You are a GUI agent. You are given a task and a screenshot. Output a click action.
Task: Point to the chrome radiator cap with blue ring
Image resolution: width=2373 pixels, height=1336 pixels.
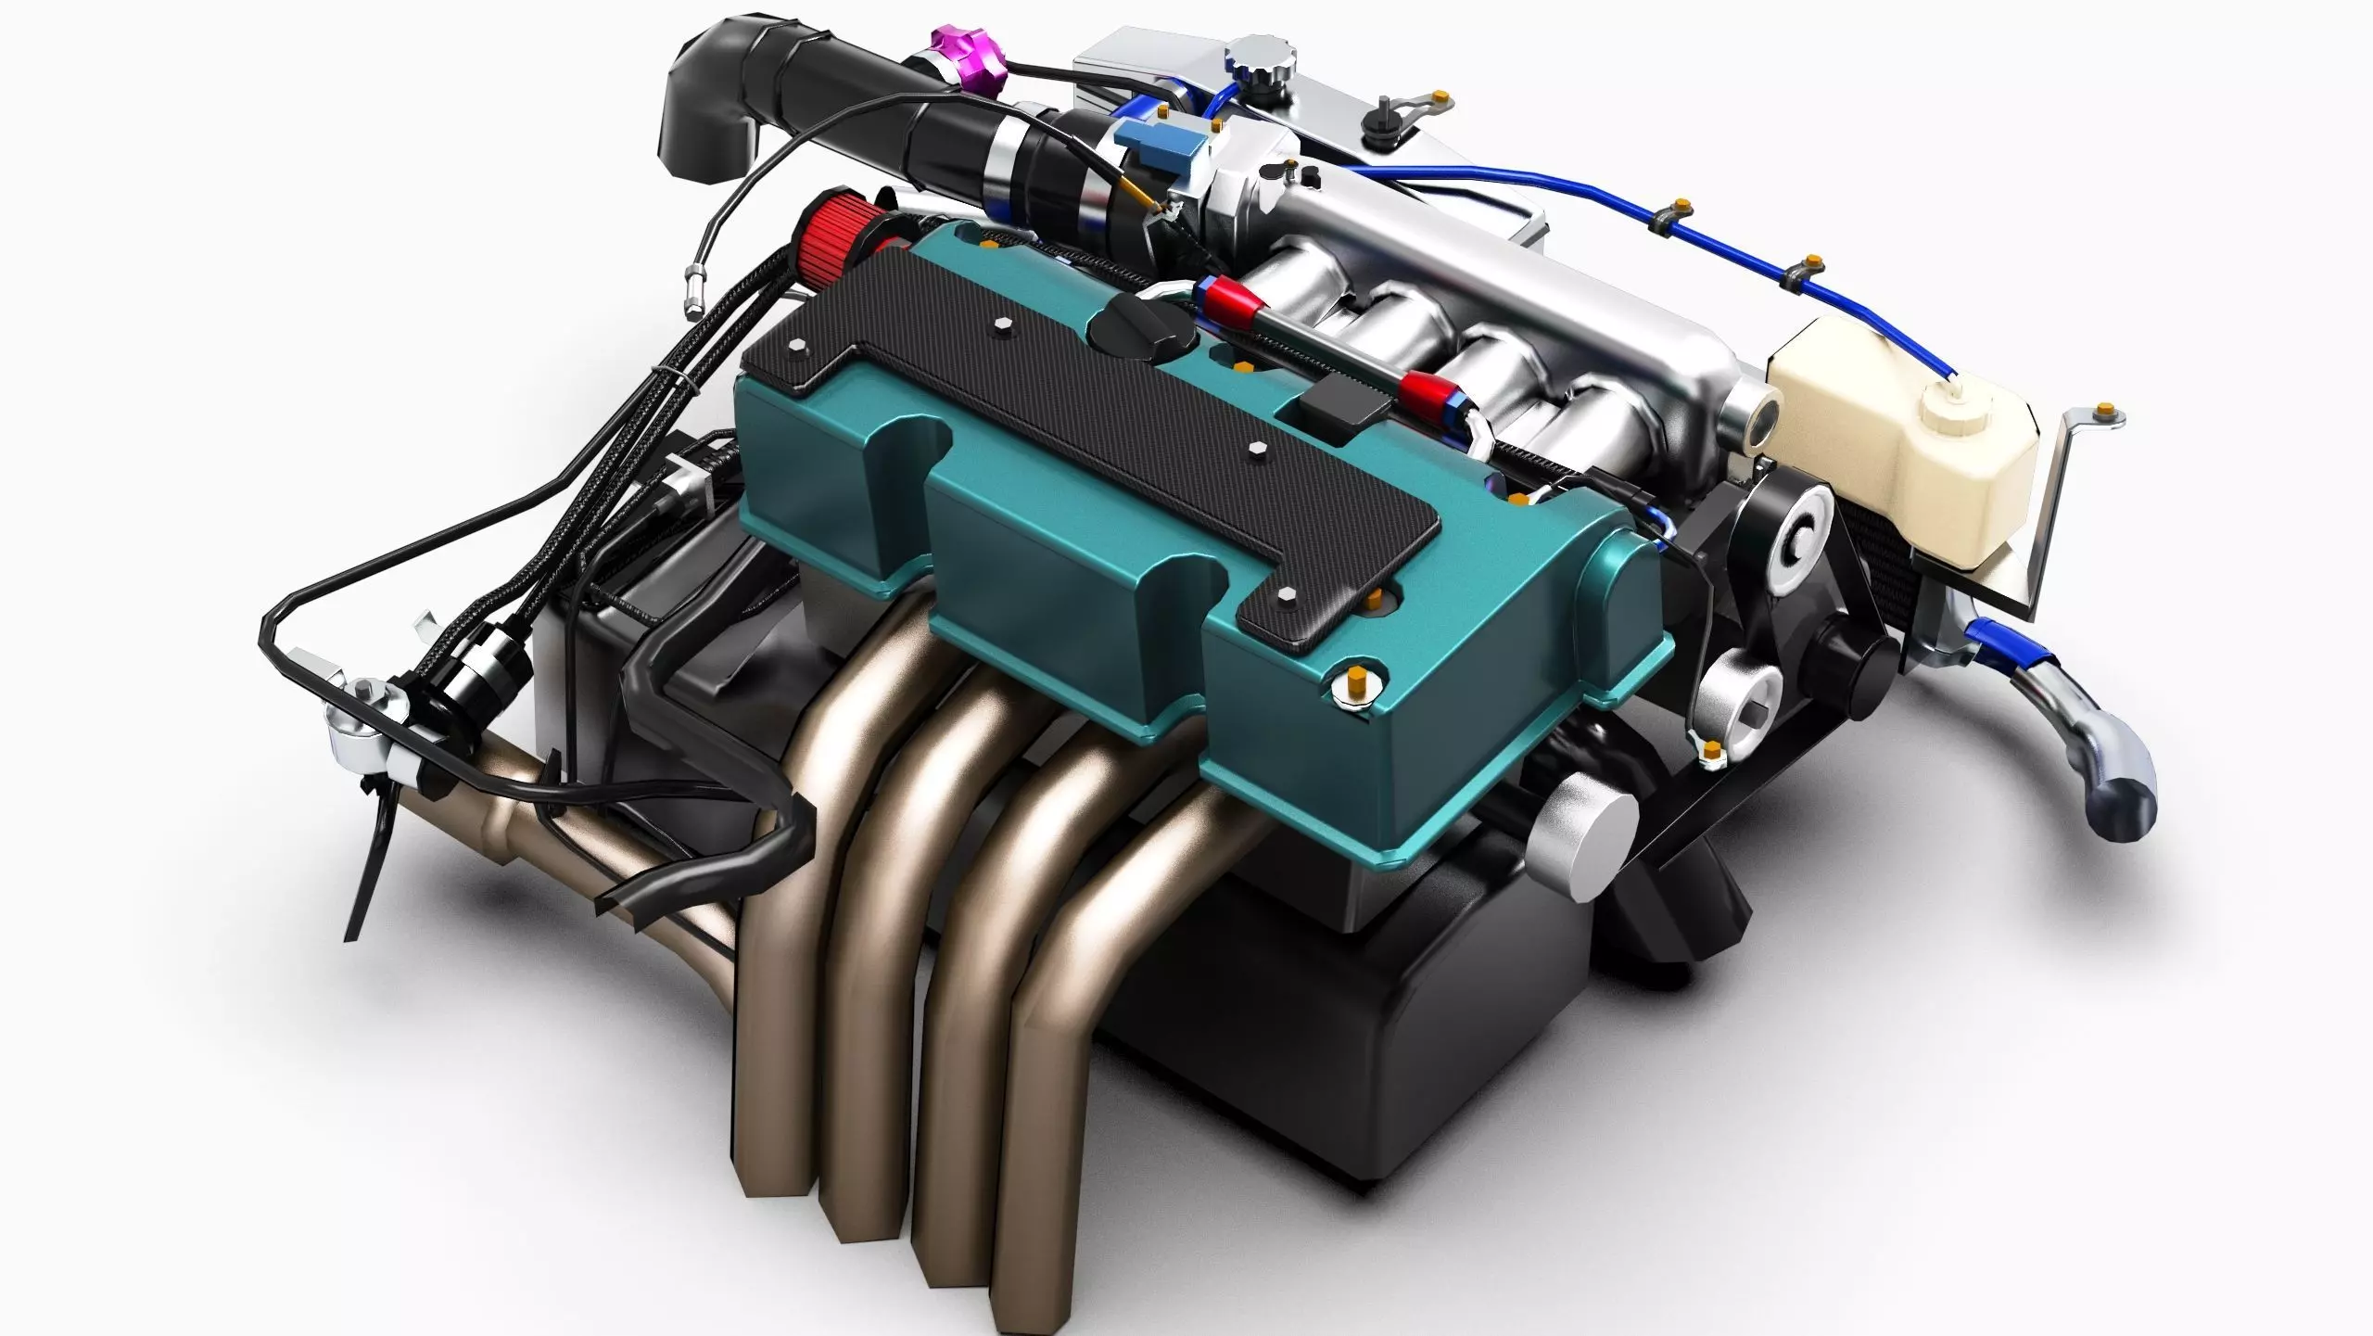pos(1261,57)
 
